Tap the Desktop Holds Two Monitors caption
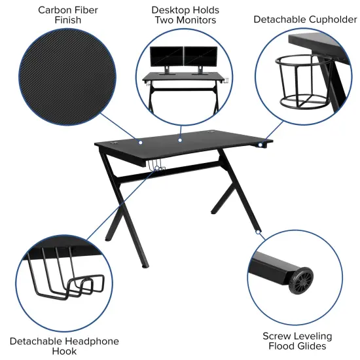(x=185, y=14)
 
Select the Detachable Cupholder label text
(x=305, y=20)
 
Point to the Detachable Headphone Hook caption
(x=64, y=346)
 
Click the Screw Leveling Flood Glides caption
(x=297, y=340)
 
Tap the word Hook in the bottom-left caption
(x=64, y=351)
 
